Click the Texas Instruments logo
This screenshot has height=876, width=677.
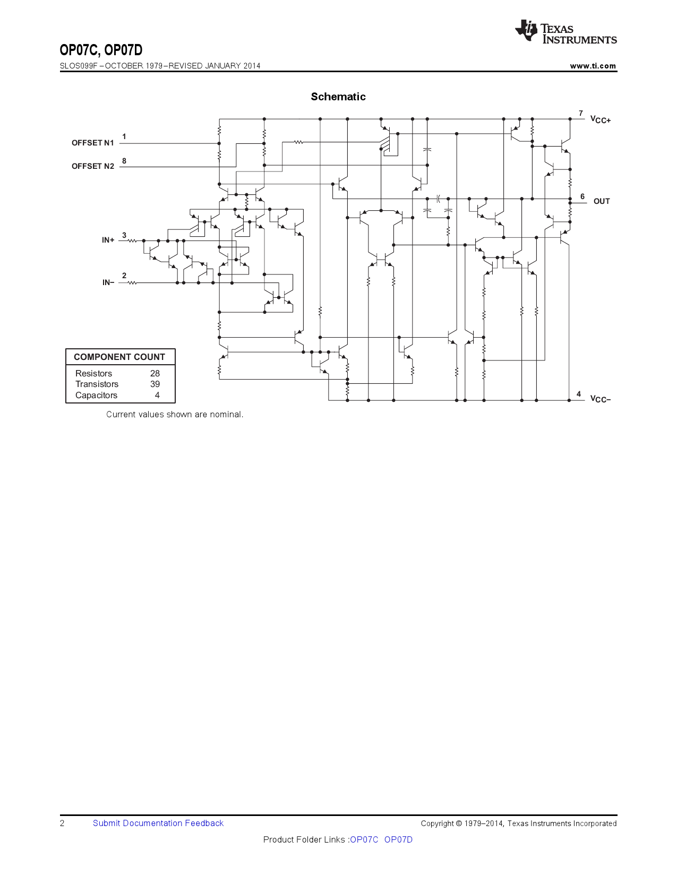point(565,32)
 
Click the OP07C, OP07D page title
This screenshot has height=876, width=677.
point(101,50)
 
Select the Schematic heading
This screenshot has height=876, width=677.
point(338,97)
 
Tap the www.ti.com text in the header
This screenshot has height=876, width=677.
point(593,66)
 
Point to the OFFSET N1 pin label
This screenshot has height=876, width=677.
point(93,143)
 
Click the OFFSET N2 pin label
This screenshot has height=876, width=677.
point(93,166)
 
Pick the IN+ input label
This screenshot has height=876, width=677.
point(108,241)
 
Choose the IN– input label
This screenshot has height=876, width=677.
point(108,283)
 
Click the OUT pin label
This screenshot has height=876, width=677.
point(602,201)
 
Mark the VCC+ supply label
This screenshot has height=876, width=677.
point(601,120)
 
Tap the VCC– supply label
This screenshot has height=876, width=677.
point(601,399)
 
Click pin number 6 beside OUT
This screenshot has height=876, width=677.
point(582,196)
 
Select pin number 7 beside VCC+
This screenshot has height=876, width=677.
point(581,113)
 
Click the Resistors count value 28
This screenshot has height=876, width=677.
point(155,373)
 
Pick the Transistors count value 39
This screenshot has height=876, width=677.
point(155,384)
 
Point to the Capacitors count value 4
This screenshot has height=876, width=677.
point(157,395)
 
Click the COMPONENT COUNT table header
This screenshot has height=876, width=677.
point(119,357)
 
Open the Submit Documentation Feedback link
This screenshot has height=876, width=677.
point(158,823)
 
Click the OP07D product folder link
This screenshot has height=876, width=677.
point(398,839)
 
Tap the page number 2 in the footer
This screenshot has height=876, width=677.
point(62,823)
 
